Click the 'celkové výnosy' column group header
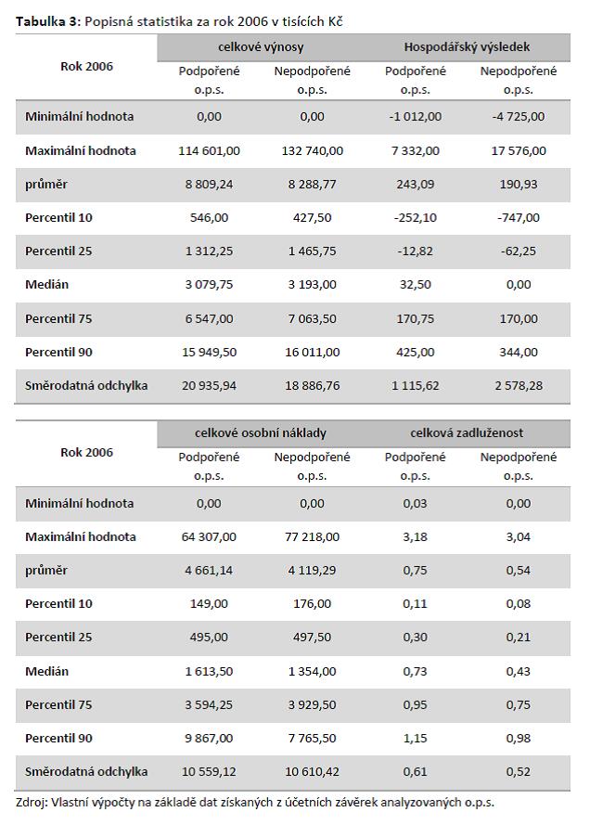tap(261, 46)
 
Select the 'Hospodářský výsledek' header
tap(467, 46)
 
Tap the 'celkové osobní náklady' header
tap(261, 433)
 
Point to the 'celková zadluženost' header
tap(467, 433)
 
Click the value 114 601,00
tap(209, 150)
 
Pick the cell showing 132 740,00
tap(312, 150)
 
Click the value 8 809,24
tap(209, 184)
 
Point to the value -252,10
tap(416, 217)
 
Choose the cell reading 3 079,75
tap(209, 285)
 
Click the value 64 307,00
tap(209, 536)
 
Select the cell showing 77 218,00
tap(312, 536)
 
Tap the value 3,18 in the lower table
tap(416, 536)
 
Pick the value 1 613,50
tap(209, 671)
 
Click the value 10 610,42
tap(312, 771)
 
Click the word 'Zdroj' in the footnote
tap(31, 802)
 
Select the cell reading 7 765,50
tap(312, 738)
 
